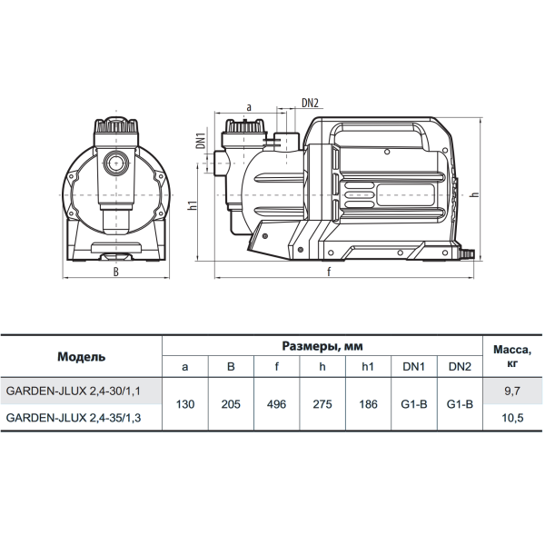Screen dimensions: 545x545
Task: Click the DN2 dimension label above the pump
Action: click(310, 103)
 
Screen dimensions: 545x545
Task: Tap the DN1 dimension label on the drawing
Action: click(201, 138)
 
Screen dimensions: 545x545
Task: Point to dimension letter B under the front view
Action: click(116, 272)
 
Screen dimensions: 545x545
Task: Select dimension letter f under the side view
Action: click(329, 272)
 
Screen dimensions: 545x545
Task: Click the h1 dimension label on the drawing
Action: click(193, 205)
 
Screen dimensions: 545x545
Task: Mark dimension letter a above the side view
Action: click(249, 107)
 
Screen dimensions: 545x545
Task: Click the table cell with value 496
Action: click(277, 404)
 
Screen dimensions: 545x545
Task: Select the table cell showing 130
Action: click(185, 404)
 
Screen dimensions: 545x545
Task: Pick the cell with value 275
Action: click(322, 404)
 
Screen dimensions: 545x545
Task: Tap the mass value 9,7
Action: click(512, 391)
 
